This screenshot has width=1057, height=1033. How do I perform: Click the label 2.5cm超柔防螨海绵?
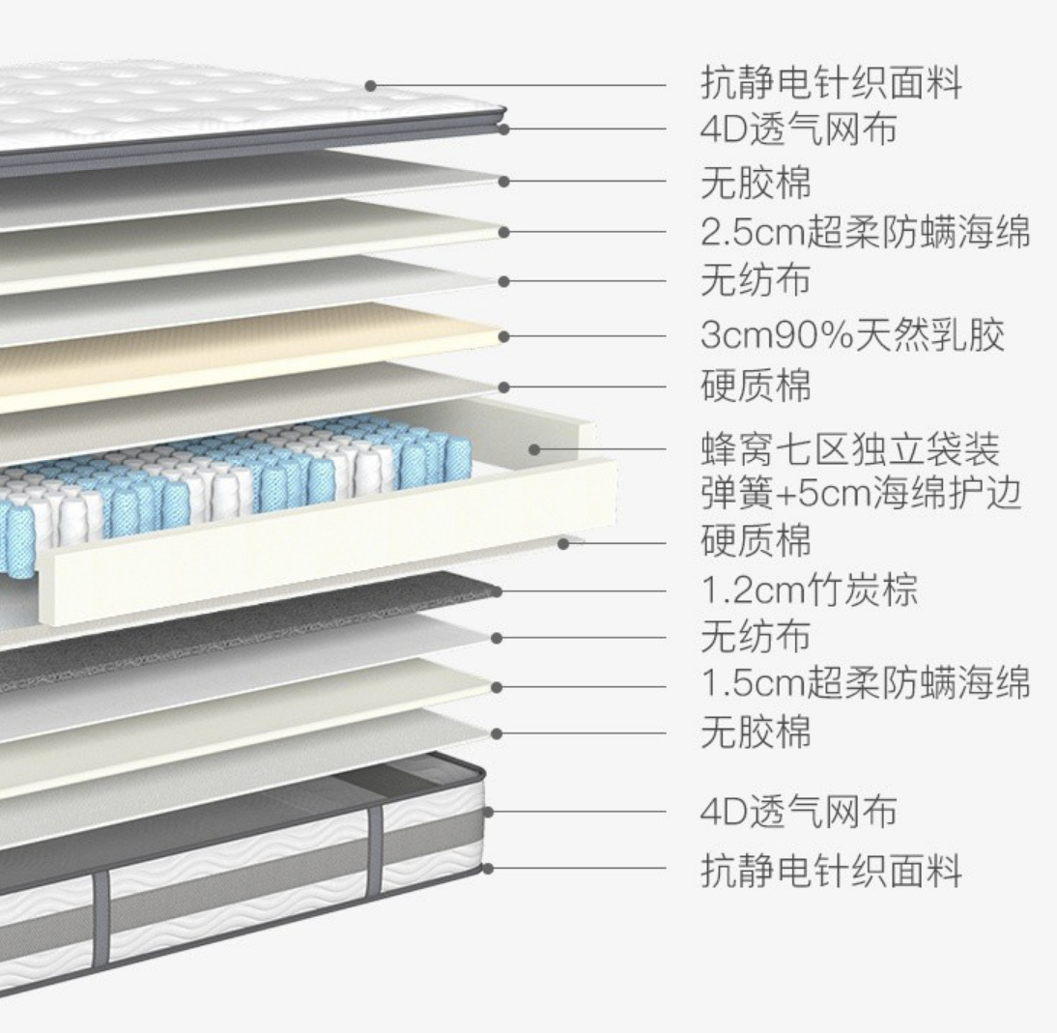[865, 233]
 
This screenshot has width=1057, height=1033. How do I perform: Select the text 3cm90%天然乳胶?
[852, 335]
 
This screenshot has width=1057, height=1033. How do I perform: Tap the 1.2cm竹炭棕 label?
[809, 589]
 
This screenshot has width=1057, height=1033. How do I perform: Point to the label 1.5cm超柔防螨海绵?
[865, 682]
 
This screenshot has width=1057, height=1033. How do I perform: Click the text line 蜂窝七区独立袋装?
[849, 450]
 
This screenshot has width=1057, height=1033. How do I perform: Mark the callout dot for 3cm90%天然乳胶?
[503, 336]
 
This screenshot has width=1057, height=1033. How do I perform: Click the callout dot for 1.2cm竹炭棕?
[497, 590]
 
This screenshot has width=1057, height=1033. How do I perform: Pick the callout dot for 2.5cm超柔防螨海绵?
[503, 232]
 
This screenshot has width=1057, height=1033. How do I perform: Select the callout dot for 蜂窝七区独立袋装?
[533, 449]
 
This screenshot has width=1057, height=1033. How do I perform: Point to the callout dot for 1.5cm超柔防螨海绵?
[497, 687]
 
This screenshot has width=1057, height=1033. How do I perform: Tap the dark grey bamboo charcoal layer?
[242, 628]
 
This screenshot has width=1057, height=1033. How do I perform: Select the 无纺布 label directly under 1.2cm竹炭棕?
[756, 637]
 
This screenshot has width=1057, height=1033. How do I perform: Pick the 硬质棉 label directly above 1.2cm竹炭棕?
[756, 540]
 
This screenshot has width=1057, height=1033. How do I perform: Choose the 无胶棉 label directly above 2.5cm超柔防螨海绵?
[756, 182]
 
